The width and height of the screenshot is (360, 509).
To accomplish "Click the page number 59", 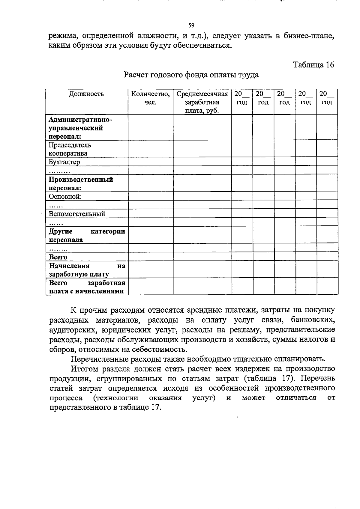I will [191, 25].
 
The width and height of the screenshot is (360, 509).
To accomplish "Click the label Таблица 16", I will [313, 65].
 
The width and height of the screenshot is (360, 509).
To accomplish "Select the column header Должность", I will [86, 94].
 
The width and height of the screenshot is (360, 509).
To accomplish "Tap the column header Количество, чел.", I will [150, 98].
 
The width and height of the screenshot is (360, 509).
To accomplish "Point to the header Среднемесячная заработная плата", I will [202, 102].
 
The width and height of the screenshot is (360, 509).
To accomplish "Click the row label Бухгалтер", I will [64, 162].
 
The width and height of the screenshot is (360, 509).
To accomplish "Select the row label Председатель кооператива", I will [70, 149].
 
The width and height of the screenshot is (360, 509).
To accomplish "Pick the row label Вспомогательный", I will [77, 214].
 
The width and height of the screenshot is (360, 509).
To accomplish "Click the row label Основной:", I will [65, 197].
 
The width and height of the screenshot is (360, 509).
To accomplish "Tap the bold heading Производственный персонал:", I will [81, 184].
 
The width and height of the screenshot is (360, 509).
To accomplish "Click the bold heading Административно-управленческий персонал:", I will [80, 128].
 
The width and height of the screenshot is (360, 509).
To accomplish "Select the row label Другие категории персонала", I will [87, 236].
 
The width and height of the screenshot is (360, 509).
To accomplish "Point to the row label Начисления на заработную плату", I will [87, 270].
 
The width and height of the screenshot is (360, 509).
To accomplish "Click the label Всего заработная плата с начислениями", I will [87, 287].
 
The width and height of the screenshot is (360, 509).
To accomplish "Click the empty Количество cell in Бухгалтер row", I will [150, 162].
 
